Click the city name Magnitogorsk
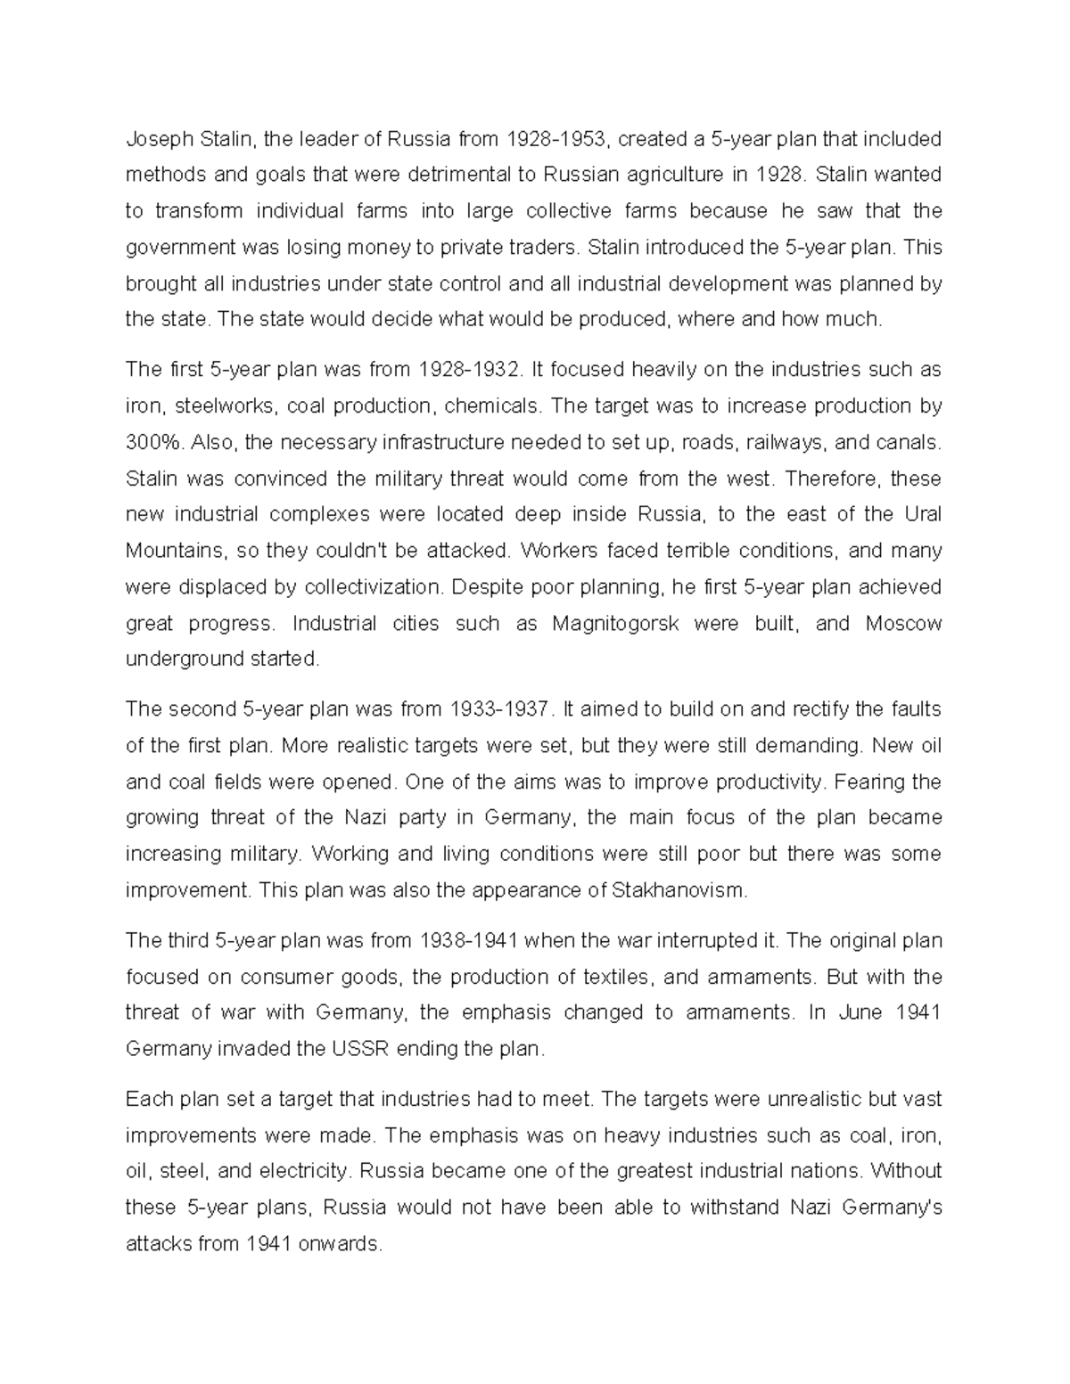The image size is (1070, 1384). pos(615,623)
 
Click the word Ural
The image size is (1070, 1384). pos(923,514)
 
